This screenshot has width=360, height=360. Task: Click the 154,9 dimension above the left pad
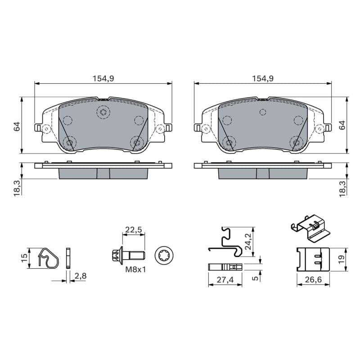(x=103, y=79)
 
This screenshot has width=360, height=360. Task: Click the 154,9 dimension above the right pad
(x=263, y=79)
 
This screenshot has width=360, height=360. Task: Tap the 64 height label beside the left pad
(x=17, y=126)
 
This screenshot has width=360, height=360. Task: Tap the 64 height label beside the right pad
(x=342, y=125)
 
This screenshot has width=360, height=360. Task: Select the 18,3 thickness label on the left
(x=17, y=188)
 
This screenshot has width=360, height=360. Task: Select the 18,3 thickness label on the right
(x=342, y=188)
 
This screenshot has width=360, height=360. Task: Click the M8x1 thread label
(x=135, y=269)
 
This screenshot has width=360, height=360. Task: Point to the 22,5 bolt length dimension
(x=134, y=229)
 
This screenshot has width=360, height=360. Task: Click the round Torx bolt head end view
(x=164, y=255)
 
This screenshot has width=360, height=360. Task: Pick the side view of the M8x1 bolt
(x=128, y=255)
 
